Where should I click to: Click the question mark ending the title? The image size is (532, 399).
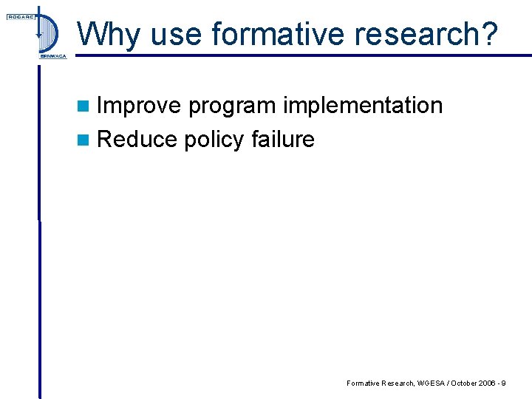pyautogui.click(x=491, y=34)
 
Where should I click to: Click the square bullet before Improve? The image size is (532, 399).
pyautogui.click(x=86, y=106)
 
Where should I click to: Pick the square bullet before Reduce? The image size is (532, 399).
pyautogui.click(x=86, y=140)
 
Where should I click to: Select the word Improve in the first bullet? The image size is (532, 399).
pyautogui.click(x=139, y=106)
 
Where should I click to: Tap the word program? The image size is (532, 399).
pyautogui.click(x=231, y=107)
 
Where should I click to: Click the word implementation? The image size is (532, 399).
pyautogui.click(x=362, y=106)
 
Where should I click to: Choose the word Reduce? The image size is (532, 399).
pyautogui.click(x=137, y=139)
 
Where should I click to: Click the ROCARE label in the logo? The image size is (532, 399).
pyautogui.click(x=18, y=17)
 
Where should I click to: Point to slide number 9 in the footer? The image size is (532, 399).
pyautogui.click(x=502, y=383)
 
